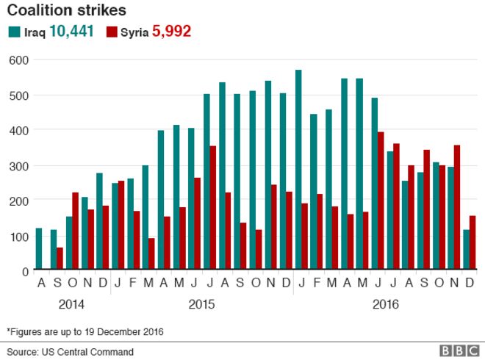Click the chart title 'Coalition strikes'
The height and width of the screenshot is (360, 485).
[x=66, y=11]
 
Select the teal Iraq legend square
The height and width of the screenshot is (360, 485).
[x=13, y=32]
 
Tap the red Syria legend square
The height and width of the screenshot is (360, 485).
[x=112, y=32]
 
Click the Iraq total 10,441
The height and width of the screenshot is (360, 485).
[x=71, y=32]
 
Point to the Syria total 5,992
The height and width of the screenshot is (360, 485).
[x=171, y=32]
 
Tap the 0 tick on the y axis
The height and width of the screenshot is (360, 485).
[x=23, y=271]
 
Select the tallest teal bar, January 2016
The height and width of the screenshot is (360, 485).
[x=298, y=170]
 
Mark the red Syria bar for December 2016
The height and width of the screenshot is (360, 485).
[x=473, y=243]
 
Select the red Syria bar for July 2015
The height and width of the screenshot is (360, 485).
[x=212, y=209]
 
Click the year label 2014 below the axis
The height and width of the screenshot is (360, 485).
[x=71, y=303]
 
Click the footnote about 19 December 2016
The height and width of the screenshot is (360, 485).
[x=85, y=331]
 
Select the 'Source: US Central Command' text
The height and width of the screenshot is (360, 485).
[x=71, y=351]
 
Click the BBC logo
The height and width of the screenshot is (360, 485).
[x=459, y=351]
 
